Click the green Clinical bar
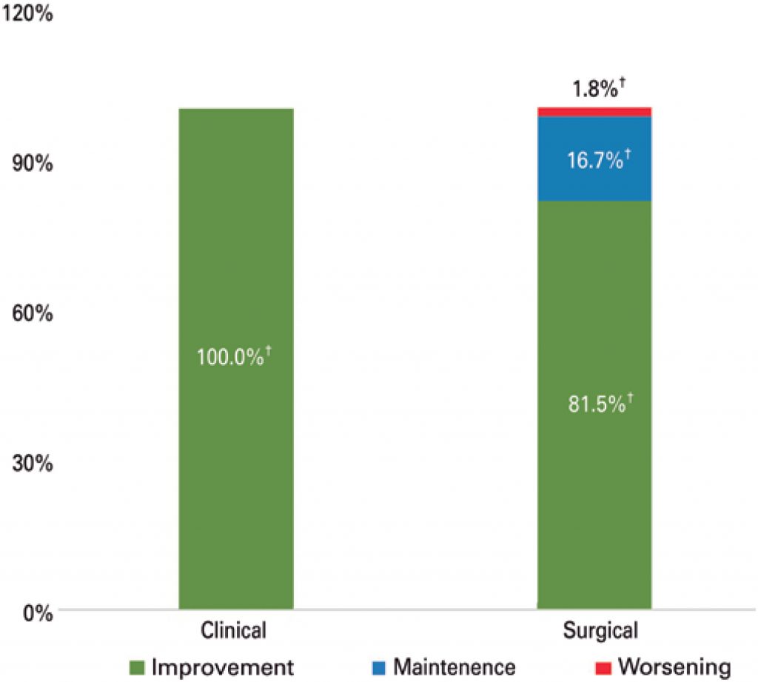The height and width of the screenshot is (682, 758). [x=236, y=481]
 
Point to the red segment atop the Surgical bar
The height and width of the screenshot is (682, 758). [x=594, y=112]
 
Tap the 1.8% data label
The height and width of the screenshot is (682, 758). [x=597, y=90]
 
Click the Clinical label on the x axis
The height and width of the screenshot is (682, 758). [x=233, y=632]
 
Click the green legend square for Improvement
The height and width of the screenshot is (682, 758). [x=137, y=667]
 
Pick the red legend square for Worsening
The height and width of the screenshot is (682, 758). [x=603, y=667]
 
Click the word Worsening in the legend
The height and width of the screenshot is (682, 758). [x=674, y=666]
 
